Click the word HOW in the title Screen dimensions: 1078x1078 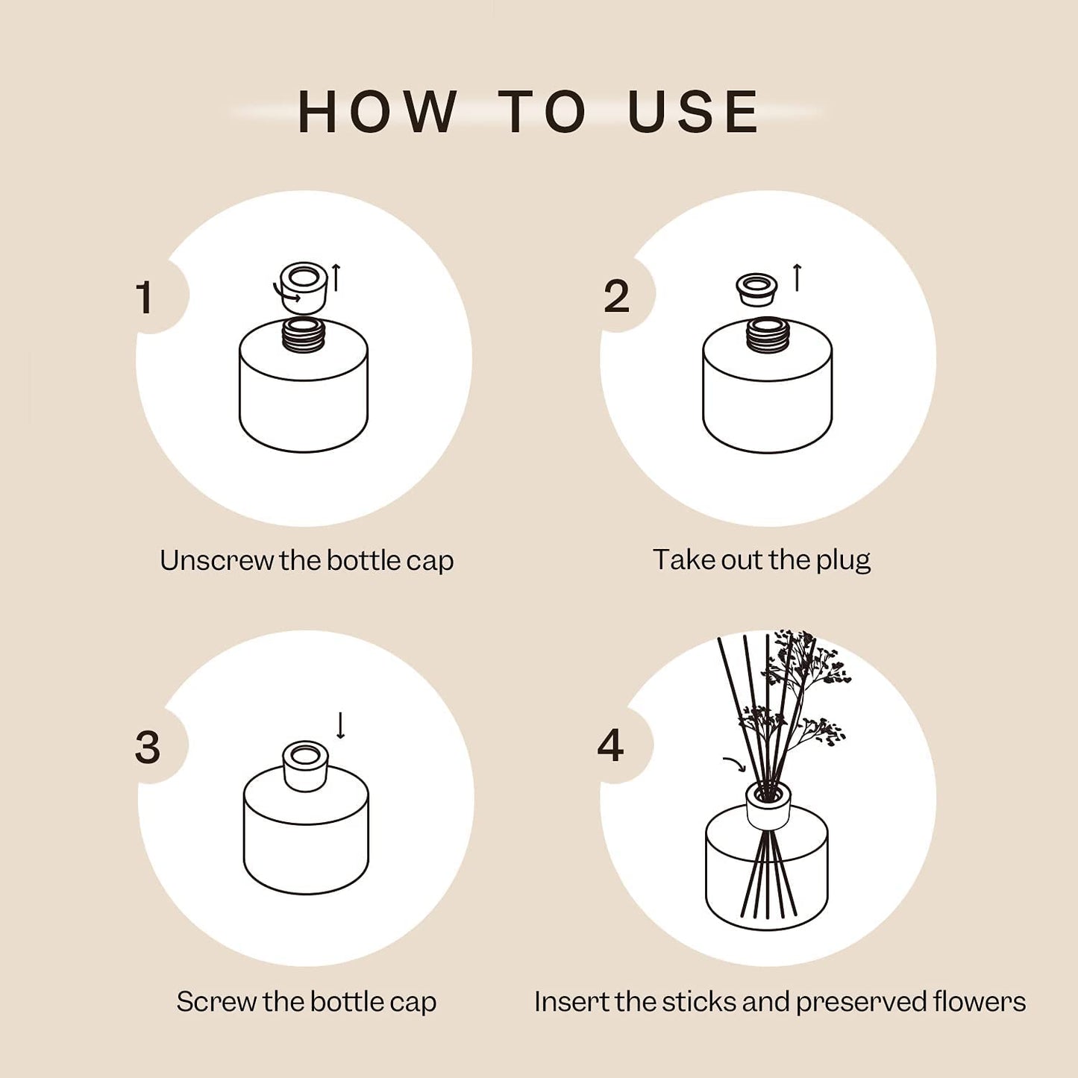377,113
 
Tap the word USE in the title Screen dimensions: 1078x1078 693,113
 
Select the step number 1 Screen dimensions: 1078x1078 145,298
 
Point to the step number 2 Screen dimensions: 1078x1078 616,297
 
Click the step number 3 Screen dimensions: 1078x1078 148,747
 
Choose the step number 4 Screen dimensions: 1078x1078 610,745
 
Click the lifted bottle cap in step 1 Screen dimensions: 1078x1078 304,286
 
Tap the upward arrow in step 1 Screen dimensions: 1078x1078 336,278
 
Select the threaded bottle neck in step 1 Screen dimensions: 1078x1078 304,335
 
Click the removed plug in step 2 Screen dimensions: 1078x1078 756,289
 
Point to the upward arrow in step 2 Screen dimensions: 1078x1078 797,278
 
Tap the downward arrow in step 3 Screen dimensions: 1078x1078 341,725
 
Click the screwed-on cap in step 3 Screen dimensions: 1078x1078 305,765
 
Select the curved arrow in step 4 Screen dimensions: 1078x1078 734,764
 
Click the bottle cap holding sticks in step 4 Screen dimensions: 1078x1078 768,805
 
